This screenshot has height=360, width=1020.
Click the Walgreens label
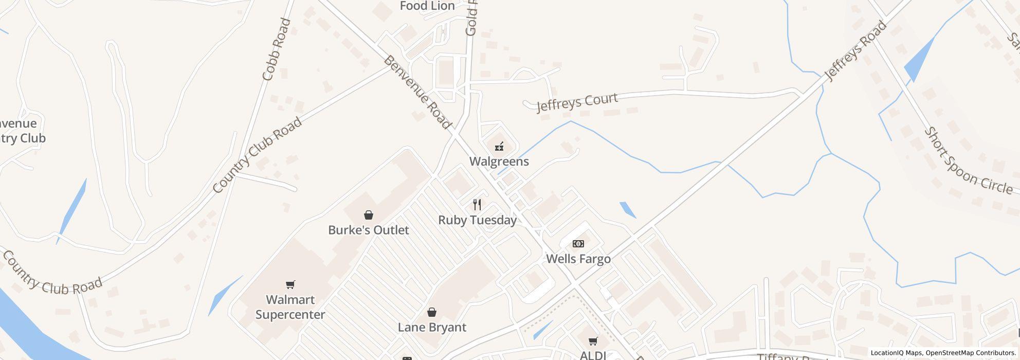[x=499, y=161]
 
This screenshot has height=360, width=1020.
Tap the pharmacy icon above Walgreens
[x=499, y=147]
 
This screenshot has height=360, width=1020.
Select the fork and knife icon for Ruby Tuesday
[x=477, y=205]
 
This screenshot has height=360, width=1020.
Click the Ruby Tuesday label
[x=477, y=220]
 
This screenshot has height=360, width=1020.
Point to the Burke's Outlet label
[x=369, y=230]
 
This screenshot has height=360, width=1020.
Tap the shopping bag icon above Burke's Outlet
[x=369, y=215]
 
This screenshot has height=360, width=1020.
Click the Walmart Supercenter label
[x=290, y=307]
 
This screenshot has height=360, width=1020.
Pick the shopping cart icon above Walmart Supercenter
[x=290, y=284]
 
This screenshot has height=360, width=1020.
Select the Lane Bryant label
[x=432, y=327]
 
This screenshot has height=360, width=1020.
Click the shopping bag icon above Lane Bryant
[x=432, y=312]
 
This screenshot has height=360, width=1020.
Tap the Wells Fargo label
[x=578, y=259]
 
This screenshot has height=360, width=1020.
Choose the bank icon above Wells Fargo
[x=578, y=244]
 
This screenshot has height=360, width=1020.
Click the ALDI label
[x=593, y=355]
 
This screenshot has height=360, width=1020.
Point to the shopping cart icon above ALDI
[x=593, y=341]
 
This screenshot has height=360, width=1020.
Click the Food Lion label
[x=427, y=6]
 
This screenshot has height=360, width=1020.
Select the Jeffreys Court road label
[x=577, y=102]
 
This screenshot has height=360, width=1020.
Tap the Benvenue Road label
[x=417, y=93]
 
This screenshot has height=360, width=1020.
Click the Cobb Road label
[x=277, y=50]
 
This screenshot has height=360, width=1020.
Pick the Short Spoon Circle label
[x=968, y=160]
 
